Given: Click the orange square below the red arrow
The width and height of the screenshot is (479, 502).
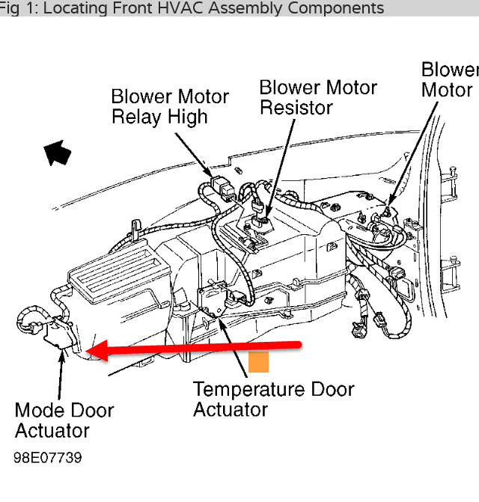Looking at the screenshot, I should [258, 361].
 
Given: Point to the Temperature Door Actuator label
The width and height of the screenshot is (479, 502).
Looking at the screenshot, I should [273, 400].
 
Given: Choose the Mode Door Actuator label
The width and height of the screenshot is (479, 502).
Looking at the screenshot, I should [64, 420].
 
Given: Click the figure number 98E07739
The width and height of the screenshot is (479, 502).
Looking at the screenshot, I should [47, 457].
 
